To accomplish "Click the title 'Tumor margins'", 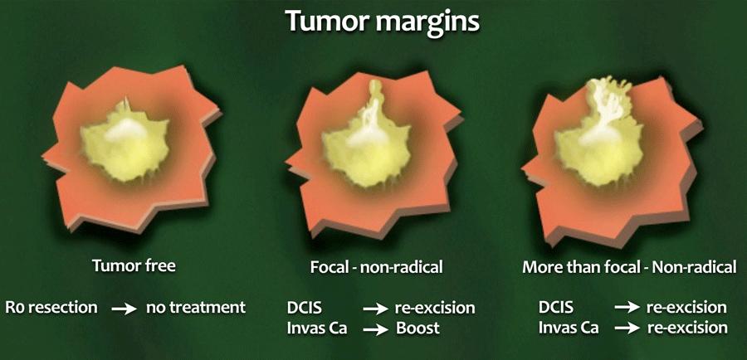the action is click(383, 21).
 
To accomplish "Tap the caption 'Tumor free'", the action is click(134, 265).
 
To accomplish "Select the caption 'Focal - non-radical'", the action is click(376, 267).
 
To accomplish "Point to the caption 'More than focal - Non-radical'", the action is click(629, 266).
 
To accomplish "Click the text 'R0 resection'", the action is click(51, 307).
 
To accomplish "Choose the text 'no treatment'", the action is click(196, 307).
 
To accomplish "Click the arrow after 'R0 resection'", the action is click(124, 309).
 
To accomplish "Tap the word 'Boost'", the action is click(417, 328).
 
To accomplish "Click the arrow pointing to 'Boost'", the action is click(375, 329).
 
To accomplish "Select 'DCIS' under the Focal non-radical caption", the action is click(304, 308).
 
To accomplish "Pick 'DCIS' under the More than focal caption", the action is click(556, 307).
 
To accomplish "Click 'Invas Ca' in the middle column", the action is click(317, 328).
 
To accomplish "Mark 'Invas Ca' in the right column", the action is click(569, 328).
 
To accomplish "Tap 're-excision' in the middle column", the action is click(435, 308).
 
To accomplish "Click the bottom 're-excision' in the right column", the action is click(687, 328).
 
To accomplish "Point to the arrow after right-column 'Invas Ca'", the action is click(627, 328).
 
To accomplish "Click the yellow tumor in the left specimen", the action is click(124, 145).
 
